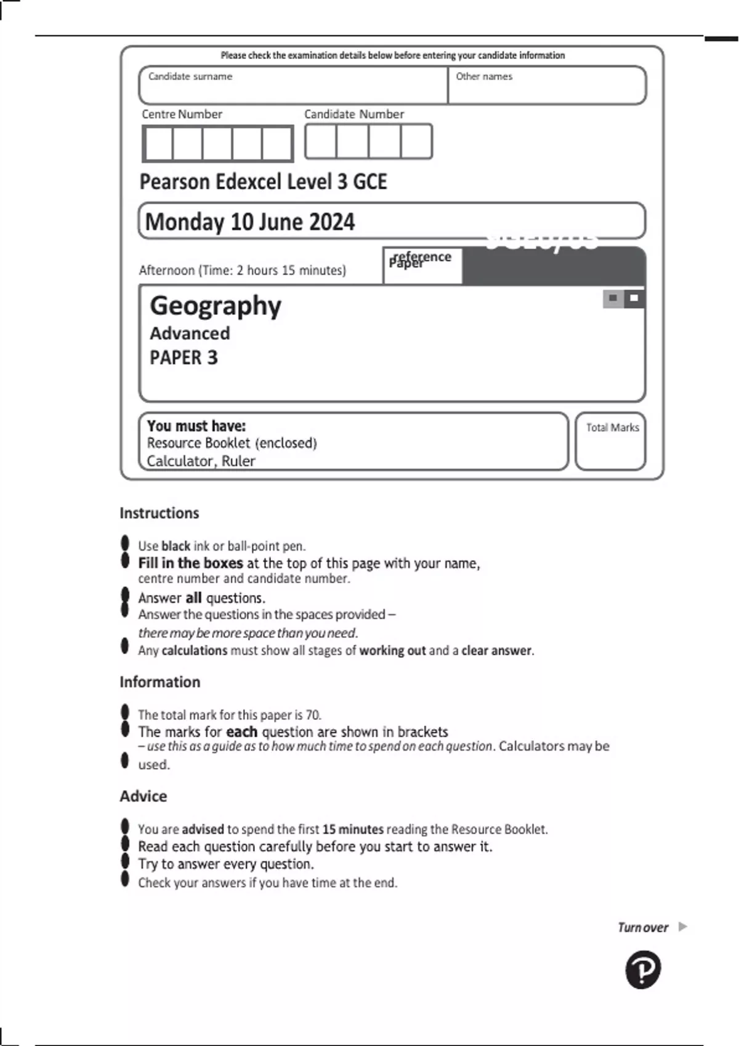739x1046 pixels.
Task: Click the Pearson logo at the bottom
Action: point(643,970)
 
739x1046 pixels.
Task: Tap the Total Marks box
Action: point(610,441)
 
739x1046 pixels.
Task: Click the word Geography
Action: point(216,306)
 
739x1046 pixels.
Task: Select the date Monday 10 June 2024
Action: point(249,222)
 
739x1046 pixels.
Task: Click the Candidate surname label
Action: point(190,76)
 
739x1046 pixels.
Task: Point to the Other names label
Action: point(484,76)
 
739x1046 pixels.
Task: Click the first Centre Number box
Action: point(158,144)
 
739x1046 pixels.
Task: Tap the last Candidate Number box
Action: point(416,142)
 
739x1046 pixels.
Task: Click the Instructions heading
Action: point(159,513)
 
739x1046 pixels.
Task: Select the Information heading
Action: point(160,682)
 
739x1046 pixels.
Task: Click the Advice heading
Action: point(143,796)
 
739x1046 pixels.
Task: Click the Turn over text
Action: point(642,927)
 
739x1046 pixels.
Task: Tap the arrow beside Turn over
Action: point(682,927)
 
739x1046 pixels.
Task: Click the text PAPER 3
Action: point(184,357)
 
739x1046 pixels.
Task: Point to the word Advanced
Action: point(190,333)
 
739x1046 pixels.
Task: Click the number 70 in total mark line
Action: point(313,715)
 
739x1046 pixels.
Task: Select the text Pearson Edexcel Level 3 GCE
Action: point(263,182)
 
